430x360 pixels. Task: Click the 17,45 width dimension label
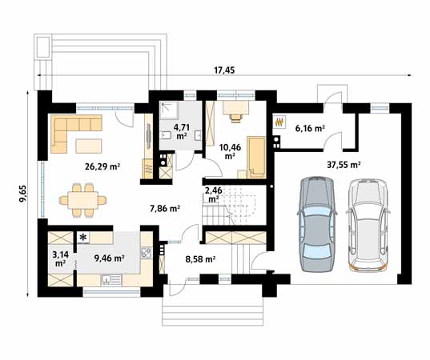click(224, 70)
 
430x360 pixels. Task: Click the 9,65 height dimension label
click(23, 194)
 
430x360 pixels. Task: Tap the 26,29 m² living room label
click(102, 166)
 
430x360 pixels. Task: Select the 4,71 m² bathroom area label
click(182, 131)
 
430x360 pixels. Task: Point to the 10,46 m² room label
click(230, 151)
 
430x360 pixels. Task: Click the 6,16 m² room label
click(310, 128)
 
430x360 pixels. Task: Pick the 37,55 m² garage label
click(344, 165)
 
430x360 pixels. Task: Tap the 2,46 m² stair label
click(213, 194)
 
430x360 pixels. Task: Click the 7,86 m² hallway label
click(165, 209)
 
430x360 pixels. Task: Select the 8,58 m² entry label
click(200, 259)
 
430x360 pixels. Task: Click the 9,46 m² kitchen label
click(110, 258)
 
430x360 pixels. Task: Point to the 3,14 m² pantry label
click(60, 259)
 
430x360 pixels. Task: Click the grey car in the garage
click(317, 224)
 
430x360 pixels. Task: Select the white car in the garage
click(368, 225)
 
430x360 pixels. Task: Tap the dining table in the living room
click(83, 200)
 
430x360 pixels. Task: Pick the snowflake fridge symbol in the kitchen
click(82, 238)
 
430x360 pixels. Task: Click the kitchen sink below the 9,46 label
click(111, 280)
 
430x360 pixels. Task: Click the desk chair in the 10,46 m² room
click(236, 118)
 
